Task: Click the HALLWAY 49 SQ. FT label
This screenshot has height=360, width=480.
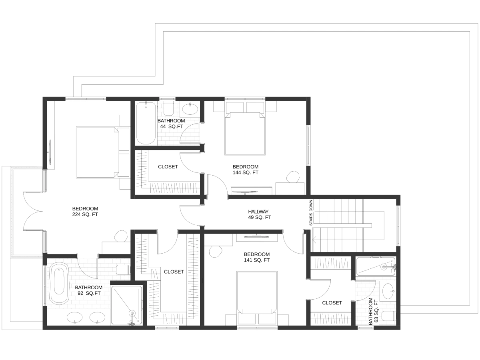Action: coord(259,214)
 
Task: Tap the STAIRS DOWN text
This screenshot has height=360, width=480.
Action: coord(311,213)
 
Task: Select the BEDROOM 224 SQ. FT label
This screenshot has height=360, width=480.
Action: coord(85,211)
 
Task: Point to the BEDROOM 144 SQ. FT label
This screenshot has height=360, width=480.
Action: coord(245,170)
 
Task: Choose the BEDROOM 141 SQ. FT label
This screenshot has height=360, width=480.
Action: coord(257,257)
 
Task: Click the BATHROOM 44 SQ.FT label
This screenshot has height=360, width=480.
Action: coord(171,124)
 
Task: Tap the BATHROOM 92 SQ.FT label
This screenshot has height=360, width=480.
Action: coord(89,290)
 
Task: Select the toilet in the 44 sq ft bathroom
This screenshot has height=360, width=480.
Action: coord(168,108)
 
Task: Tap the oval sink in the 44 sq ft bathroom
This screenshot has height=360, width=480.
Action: coord(190,109)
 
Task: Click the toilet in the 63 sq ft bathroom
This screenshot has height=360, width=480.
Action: coord(389,316)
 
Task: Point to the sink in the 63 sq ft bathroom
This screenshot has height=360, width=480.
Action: coord(388,291)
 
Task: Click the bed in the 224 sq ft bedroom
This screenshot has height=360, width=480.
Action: coord(103,152)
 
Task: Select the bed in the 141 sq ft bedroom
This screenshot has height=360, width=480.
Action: coord(257,298)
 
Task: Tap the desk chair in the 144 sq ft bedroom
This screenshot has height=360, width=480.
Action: coord(293,177)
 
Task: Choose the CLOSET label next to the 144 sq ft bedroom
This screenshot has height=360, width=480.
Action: coord(168,167)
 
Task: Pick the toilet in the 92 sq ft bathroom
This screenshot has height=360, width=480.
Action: coord(123,270)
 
